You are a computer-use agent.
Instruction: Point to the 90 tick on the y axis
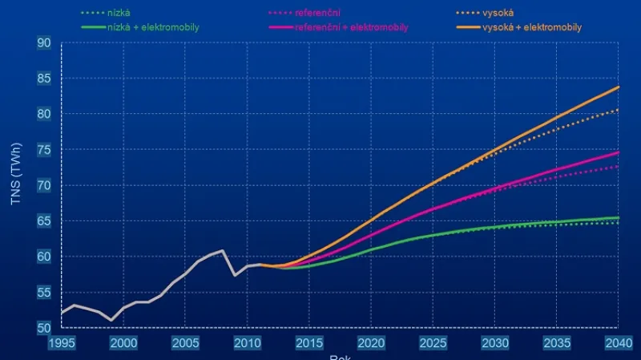click(44, 42)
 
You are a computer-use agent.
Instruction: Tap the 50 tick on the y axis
click(44, 328)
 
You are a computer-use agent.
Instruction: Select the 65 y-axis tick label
click(44, 221)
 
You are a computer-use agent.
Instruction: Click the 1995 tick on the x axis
click(62, 343)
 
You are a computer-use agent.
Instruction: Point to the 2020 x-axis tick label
click(371, 343)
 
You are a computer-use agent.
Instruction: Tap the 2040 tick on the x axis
click(618, 343)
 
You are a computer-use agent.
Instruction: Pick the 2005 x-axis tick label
click(185, 343)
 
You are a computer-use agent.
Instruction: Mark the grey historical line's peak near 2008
click(223, 250)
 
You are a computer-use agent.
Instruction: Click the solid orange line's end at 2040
click(619, 87)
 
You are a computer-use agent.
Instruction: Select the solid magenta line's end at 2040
click(619, 152)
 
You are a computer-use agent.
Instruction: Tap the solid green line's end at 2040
click(619, 218)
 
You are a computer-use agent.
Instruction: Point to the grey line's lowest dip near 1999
click(111, 320)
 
